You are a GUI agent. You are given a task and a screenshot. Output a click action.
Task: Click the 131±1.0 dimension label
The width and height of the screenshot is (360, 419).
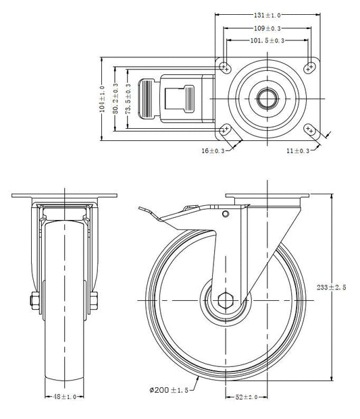pyautogui.click(x=267, y=16)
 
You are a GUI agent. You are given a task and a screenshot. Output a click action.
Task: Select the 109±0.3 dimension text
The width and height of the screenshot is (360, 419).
pyautogui.click(x=267, y=28)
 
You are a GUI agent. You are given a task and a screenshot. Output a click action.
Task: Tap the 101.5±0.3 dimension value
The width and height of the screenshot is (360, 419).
pyautogui.click(x=267, y=40)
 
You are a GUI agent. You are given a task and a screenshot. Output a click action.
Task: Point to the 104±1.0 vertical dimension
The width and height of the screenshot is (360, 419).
pyautogui.click(x=102, y=99)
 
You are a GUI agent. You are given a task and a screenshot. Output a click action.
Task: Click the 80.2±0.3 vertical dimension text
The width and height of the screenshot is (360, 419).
pyautogui.click(x=115, y=99)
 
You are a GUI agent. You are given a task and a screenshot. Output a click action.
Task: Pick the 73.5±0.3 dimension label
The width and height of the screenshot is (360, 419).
pyautogui.click(x=128, y=99)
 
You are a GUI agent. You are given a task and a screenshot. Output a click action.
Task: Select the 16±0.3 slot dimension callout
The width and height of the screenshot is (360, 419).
pyautogui.click(x=213, y=151)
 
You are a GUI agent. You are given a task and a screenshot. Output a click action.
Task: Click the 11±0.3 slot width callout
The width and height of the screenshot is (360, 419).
pyautogui.click(x=298, y=151)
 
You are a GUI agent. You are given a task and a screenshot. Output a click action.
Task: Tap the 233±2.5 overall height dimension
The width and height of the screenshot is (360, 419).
pyautogui.click(x=332, y=287)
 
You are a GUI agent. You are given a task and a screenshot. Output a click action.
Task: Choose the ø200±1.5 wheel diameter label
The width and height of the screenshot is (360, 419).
pyautogui.click(x=169, y=390)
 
